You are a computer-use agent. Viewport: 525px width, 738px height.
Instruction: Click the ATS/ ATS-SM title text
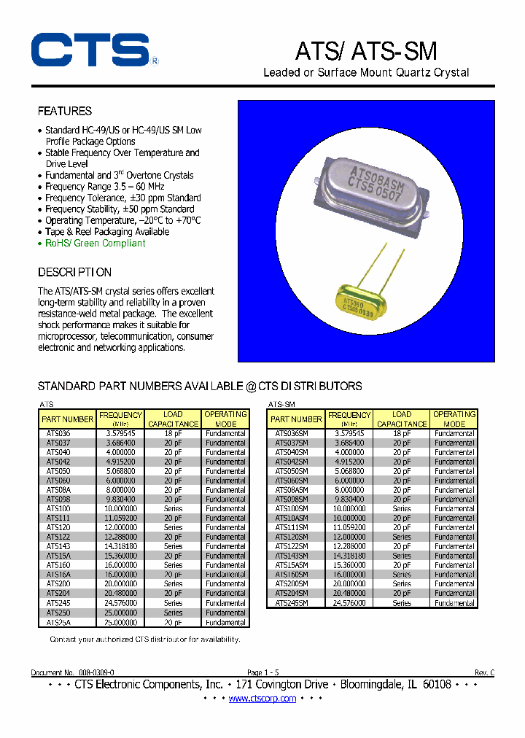(365, 51)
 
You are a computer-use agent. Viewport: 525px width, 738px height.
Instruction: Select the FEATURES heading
(65, 112)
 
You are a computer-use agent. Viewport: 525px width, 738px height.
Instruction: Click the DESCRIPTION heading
(74, 273)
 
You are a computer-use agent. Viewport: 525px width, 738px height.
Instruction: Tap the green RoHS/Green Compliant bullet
(95, 243)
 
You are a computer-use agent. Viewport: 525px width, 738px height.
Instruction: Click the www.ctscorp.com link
(262, 699)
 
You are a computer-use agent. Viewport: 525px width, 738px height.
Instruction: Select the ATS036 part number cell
(59, 433)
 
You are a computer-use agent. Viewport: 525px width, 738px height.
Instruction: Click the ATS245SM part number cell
(291, 603)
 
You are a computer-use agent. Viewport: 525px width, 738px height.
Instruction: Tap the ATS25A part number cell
(59, 623)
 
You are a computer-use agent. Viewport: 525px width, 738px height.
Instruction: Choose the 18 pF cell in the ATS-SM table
(402, 433)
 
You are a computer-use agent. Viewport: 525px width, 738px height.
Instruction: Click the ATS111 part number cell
(59, 518)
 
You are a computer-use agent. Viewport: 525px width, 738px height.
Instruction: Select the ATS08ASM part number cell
(291, 490)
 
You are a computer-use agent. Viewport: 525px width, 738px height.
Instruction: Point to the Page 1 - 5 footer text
(262, 672)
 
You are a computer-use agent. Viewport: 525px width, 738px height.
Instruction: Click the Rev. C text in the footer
(484, 672)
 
